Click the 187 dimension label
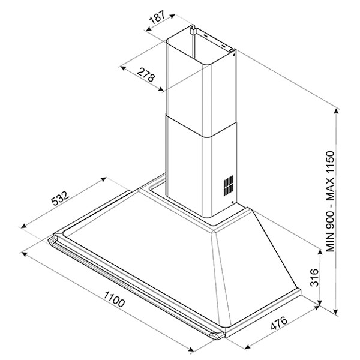(157, 17)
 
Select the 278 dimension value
(146, 75)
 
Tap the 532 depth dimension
(60, 198)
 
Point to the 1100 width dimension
(115, 299)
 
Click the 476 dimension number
(279, 323)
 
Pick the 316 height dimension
(314, 277)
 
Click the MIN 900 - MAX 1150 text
(330, 202)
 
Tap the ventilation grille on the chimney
(229, 185)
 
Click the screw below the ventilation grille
(233, 203)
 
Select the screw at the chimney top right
(233, 55)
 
